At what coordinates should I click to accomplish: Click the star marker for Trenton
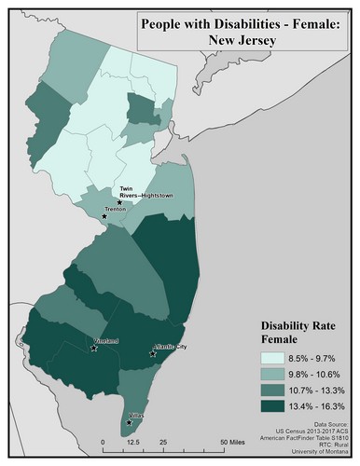click(104, 217)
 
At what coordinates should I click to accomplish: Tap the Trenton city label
click(117, 211)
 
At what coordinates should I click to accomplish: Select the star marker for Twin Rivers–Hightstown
click(119, 200)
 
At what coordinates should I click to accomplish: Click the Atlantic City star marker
click(153, 354)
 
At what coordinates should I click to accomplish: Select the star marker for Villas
click(129, 422)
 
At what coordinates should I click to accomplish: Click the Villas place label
click(136, 415)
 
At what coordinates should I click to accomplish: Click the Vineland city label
click(107, 341)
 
